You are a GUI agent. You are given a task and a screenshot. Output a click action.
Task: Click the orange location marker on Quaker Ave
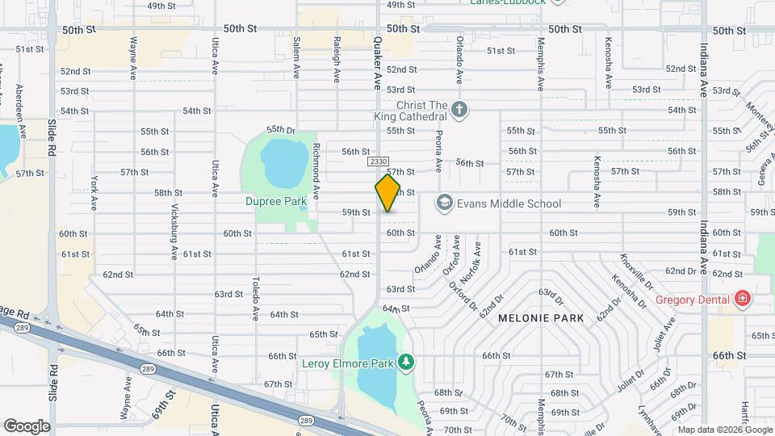(x=387, y=193)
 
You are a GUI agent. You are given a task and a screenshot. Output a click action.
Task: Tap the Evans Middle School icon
(x=445, y=203)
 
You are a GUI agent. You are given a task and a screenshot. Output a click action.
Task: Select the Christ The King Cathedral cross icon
(x=459, y=110)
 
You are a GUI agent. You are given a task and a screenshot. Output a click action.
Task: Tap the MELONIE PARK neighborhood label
(x=541, y=318)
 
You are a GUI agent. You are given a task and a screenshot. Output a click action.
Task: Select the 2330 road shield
(x=378, y=162)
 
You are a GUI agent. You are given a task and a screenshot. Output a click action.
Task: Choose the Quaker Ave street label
(x=376, y=63)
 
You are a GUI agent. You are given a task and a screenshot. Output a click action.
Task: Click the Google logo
(x=27, y=426)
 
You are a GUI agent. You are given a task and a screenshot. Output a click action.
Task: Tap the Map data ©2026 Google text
(x=725, y=430)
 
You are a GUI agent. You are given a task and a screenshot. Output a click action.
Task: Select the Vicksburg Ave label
(x=174, y=231)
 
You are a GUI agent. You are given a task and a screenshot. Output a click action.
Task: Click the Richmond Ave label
(x=316, y=173)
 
